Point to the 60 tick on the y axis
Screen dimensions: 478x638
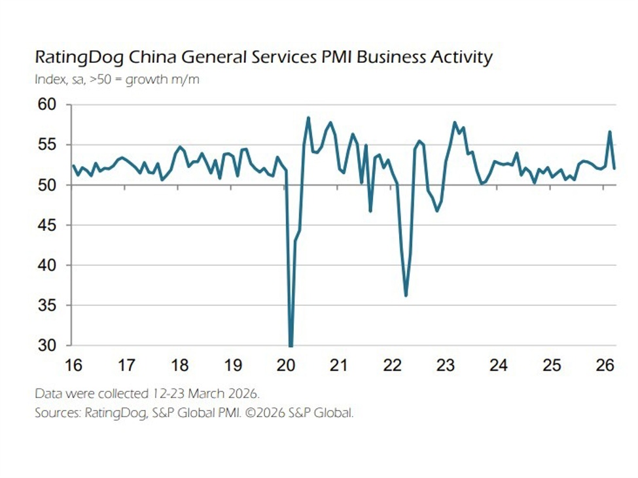pyautogui.click(x=47, y=105)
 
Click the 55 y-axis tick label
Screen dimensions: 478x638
pyautogui.click(x=47, y=145)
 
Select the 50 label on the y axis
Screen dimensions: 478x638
pyautogui.click(x=47, y=185)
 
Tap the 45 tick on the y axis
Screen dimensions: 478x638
pyautogui.click(x=47, y=225)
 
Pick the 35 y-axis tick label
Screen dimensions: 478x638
pyautogui.click(x=47, y=305)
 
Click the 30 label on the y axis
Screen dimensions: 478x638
pyautogui.click(x=47, y=345)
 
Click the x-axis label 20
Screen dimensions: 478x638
pyautogui.click(x=285, y=366)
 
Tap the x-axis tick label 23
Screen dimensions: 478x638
pyautogui.click(x=445, y=366)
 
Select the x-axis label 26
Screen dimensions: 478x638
pyautogui.click(x=605, y=366)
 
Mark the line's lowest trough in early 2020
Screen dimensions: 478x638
pyautogui.click(x=290, y=345)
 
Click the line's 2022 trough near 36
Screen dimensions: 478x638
pyautogui.click(x=406, y=296)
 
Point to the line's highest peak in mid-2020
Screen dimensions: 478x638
pyautogui.click(x=308, y=118)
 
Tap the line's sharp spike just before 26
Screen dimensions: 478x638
pyautogui.click(x=610, y=132)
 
